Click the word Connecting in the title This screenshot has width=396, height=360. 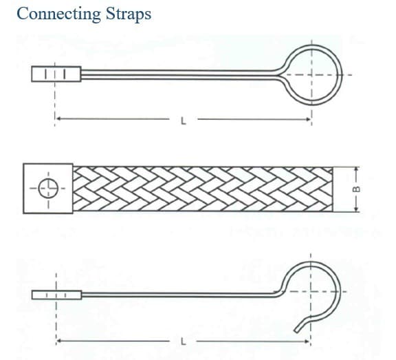[58, 14]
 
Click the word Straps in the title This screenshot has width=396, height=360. [129, 14]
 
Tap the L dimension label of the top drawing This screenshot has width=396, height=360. [184, 121]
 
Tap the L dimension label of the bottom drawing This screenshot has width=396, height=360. [184, 342]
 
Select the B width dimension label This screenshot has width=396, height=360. [356, 189]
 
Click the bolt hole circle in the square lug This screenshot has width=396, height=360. [48, 189]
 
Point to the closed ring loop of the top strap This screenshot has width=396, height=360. [340, 75]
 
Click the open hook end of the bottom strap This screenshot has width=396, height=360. [338, 290]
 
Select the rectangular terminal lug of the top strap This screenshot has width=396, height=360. [56, 74]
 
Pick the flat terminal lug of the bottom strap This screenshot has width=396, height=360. [56, 295]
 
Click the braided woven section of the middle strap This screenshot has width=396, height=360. [203, 189]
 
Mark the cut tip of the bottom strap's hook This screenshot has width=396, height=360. [296, 330]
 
